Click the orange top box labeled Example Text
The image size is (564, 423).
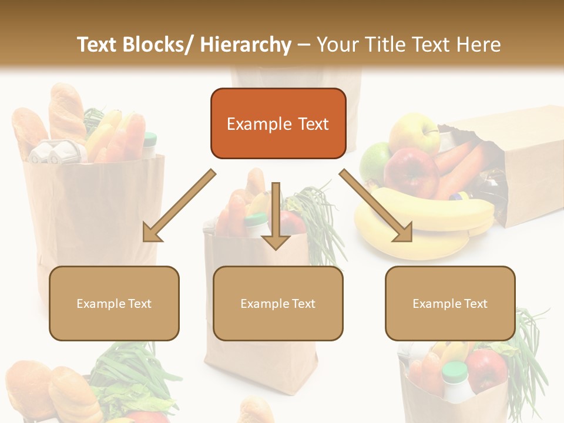point(278,123)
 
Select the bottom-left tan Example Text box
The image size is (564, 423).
point(114,303)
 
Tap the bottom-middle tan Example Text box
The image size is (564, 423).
point(278,303)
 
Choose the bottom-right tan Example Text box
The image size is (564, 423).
point(450,303)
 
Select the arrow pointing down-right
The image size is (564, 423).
point(376,206)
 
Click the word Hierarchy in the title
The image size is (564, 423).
point(246,45)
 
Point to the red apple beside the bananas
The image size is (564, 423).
point(411,170)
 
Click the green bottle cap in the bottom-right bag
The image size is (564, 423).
point(455,371)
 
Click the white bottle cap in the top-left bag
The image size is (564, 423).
point(150,139)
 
